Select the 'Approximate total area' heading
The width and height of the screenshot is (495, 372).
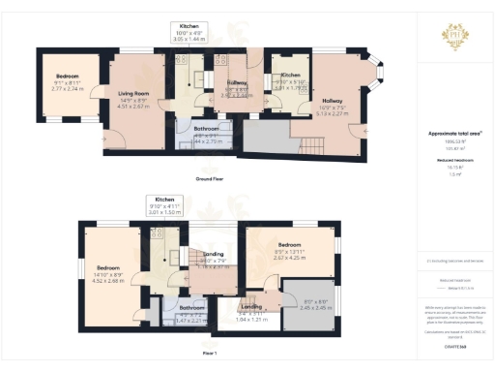coord(454,134)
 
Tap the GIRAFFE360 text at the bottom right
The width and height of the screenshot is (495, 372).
coord(454,344)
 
